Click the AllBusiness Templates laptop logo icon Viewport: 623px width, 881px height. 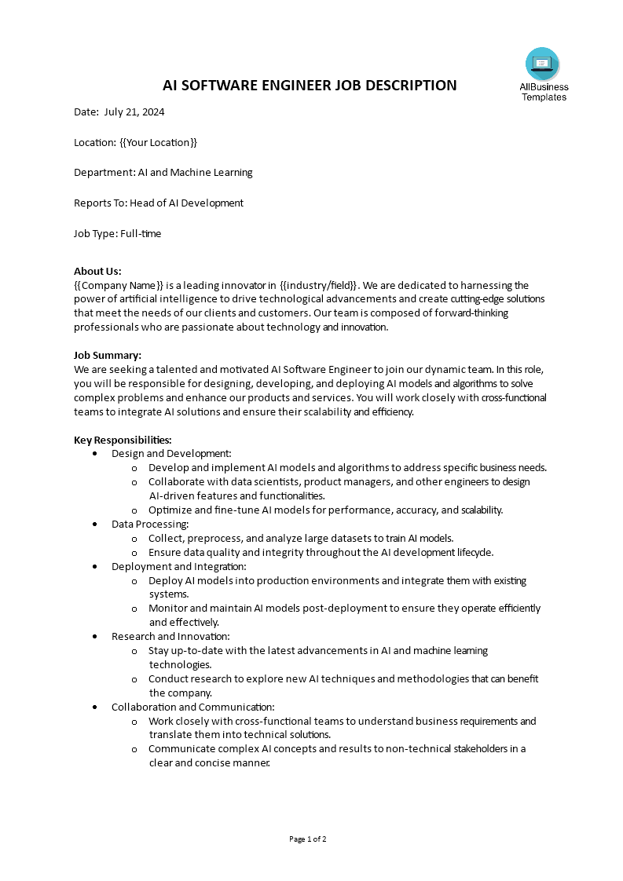click(x=542, y=64)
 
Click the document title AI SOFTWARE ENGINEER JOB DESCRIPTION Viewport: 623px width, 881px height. click(x=310, y=86)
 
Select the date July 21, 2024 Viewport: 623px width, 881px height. click(x=134, y=112)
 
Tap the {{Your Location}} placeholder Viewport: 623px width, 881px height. click(x=158, y=142)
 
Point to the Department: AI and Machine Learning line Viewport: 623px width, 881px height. click(x=163, y=173)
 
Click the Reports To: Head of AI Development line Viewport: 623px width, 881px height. click(x=159, y=203)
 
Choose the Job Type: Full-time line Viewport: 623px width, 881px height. click(x=118, y=233)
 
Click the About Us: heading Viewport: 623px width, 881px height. click(x=97, y=272)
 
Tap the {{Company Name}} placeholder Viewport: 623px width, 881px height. click(x=119, y=285)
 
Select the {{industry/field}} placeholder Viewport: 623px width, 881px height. click(x=319, y=285)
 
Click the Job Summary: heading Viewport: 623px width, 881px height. click(x=108, y=355)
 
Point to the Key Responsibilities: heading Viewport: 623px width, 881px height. click(x=123, y=440)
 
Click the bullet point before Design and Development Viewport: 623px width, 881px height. click(x=95, y=454)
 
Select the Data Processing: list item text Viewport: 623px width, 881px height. click(x=150, y=524)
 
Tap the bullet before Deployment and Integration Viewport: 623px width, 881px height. click(x=95, y=567)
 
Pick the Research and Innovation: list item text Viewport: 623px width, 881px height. click(x=170, y=636)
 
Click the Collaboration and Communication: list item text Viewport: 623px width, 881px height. click(x=193, y=707)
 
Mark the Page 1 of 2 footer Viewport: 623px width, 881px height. click(x=308, y=839)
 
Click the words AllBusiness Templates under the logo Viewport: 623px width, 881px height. click(x=544, y=93)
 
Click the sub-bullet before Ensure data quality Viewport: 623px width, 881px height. click(x=134, y=553)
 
